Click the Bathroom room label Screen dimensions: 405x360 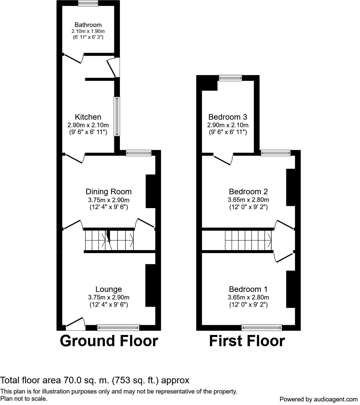[88, 25]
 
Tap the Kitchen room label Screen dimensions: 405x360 [88, 117]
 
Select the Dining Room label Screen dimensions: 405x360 [109, 192]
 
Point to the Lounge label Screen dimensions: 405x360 [109, 289]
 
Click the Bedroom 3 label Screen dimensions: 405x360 [228, 117]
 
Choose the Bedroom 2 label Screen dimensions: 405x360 [248, 192]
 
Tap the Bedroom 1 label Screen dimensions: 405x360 [248, 289]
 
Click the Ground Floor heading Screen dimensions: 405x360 [109, 341]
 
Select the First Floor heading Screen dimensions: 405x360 [247, 341]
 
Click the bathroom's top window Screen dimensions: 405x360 [88, 3]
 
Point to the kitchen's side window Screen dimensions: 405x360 [117, 116]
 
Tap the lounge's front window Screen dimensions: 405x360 [118, 327]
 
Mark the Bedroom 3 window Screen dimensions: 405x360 [231, 78]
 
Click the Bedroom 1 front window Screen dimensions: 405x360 [262, 327]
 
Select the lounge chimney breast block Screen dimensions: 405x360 [150, 285]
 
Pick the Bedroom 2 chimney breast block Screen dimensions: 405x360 [290, 187]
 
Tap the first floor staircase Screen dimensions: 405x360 [248, 240]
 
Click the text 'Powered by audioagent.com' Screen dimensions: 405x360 [318, 399]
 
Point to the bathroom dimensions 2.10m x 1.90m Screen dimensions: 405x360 [88, 31]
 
